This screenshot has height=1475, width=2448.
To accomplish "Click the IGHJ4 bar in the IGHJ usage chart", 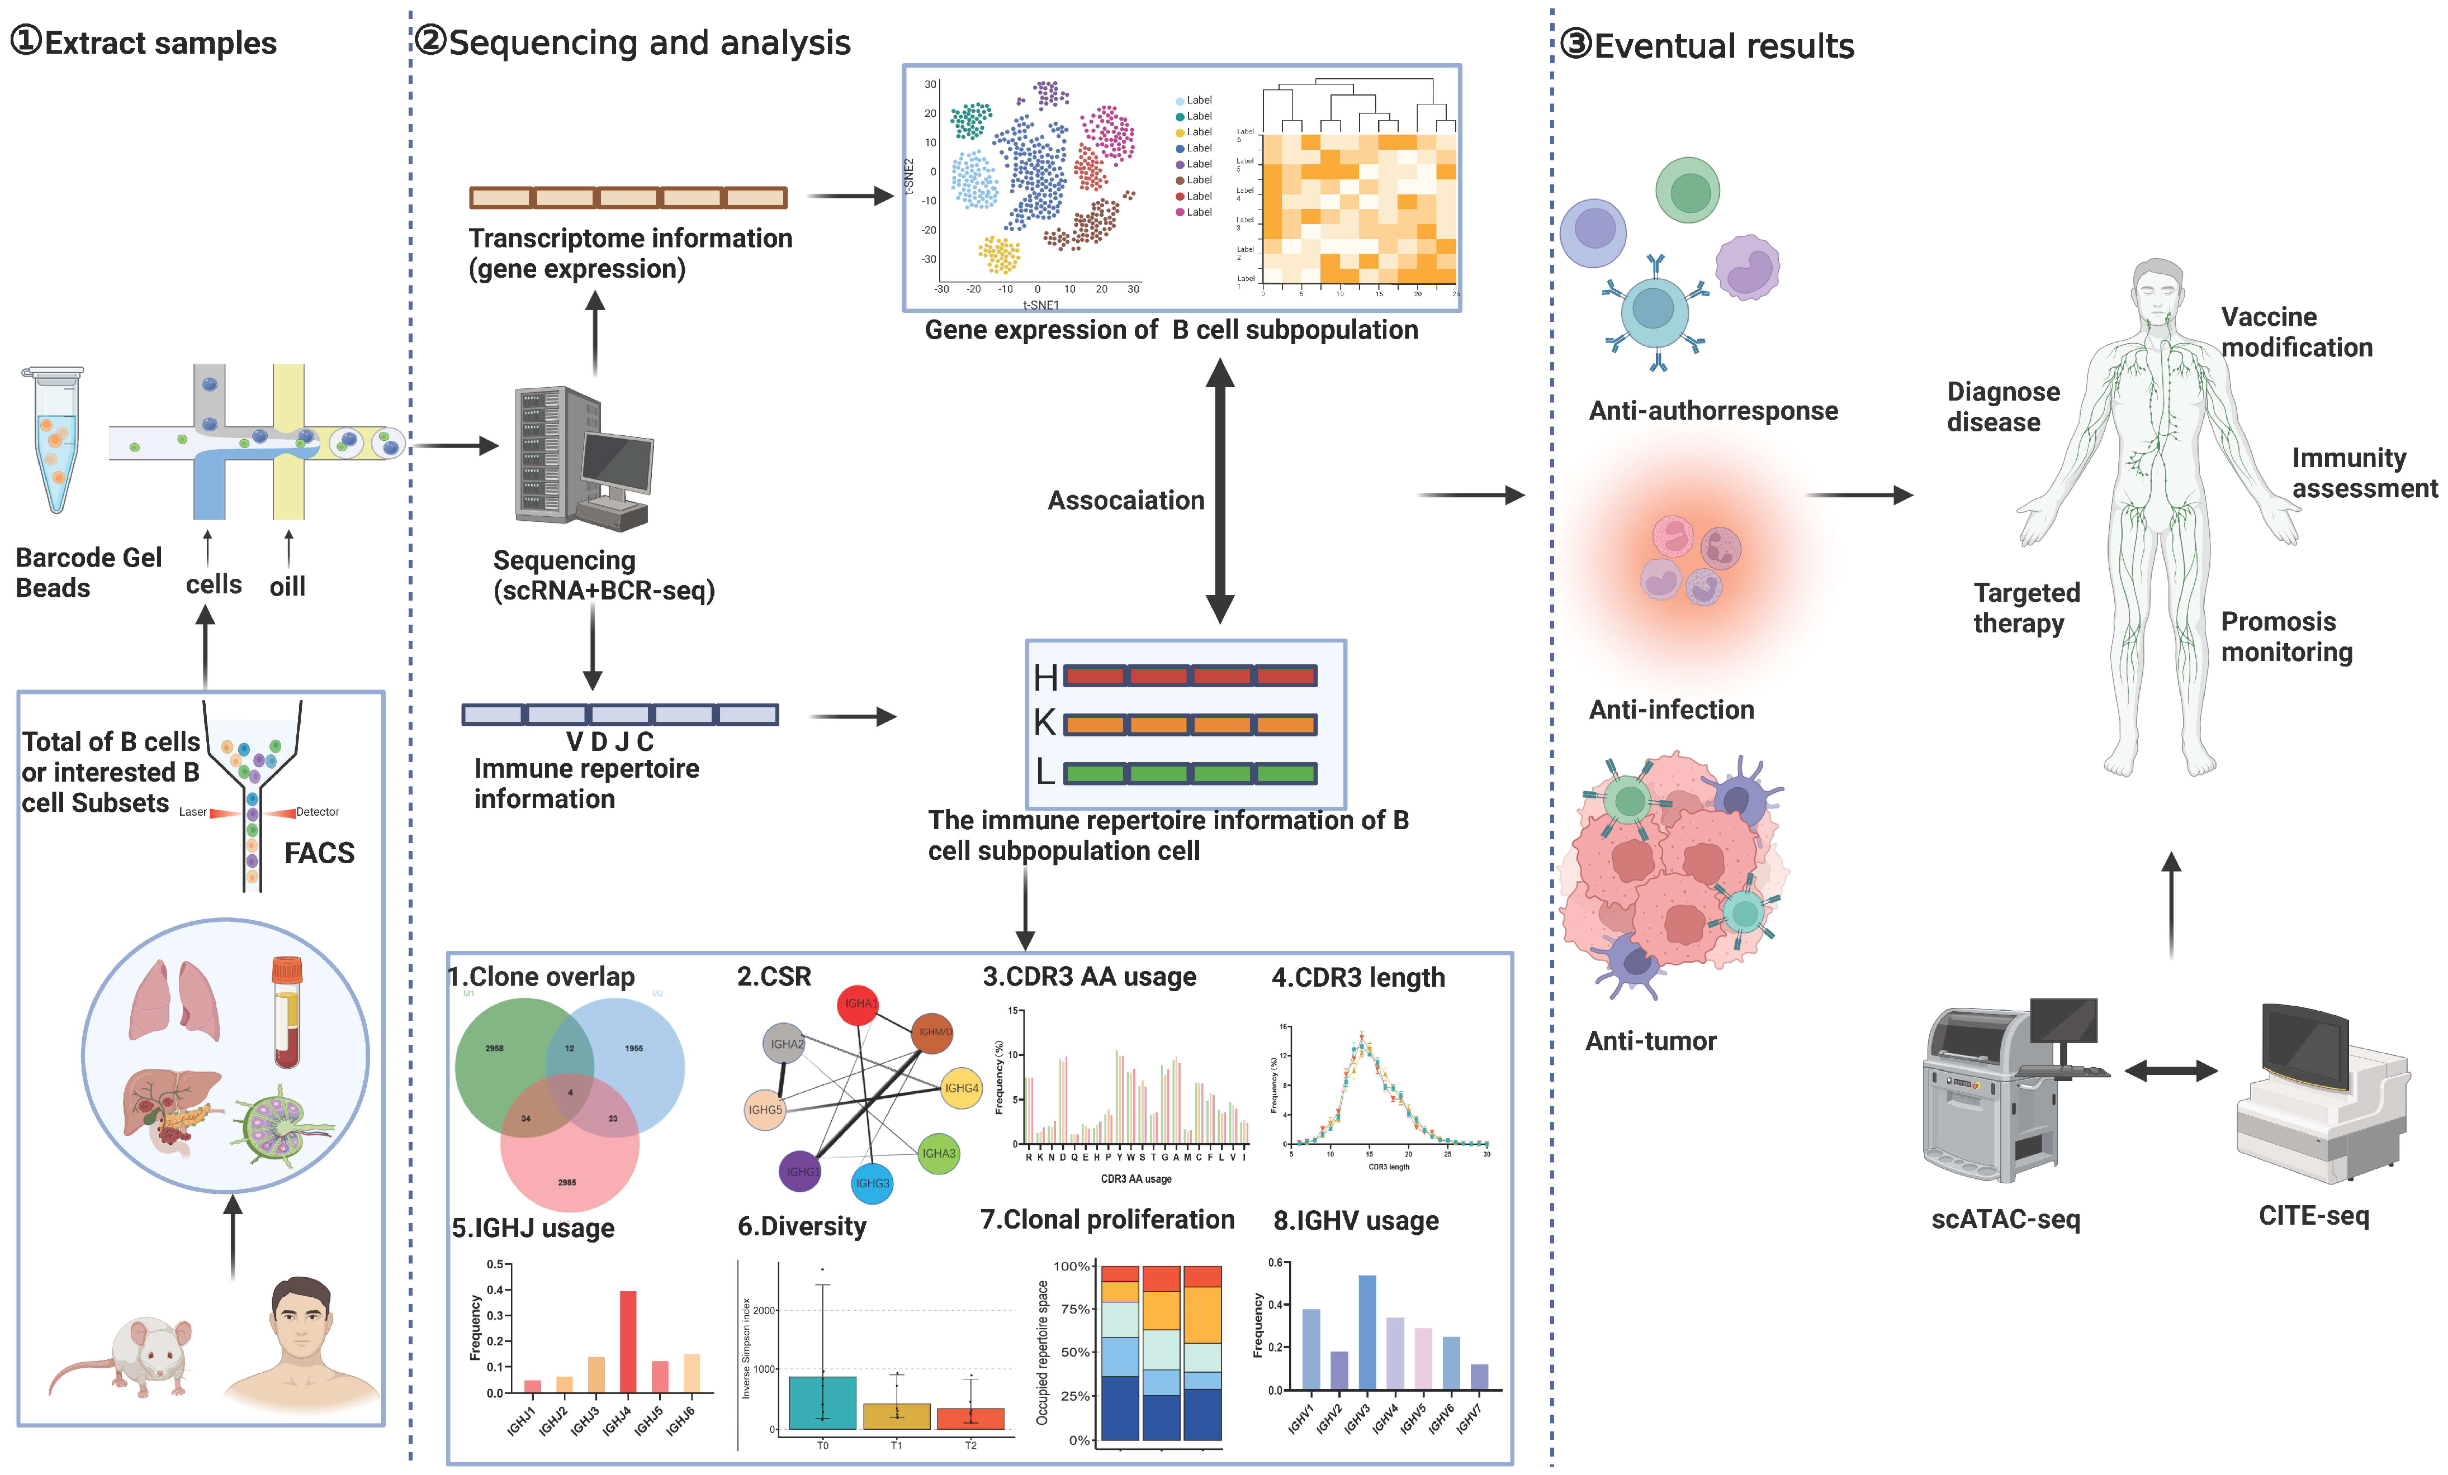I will (x=628, y=1341).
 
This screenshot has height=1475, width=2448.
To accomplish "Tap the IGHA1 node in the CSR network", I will (x=858, y=1003).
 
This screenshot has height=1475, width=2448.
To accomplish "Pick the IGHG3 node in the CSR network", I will (x=872, y=1183).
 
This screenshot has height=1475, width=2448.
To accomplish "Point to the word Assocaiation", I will (x=1126, y=501).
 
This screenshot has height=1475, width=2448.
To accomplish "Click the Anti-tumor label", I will (x=1650, y=1041).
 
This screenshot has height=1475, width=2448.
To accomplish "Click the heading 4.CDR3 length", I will (x=1358, y=977).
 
